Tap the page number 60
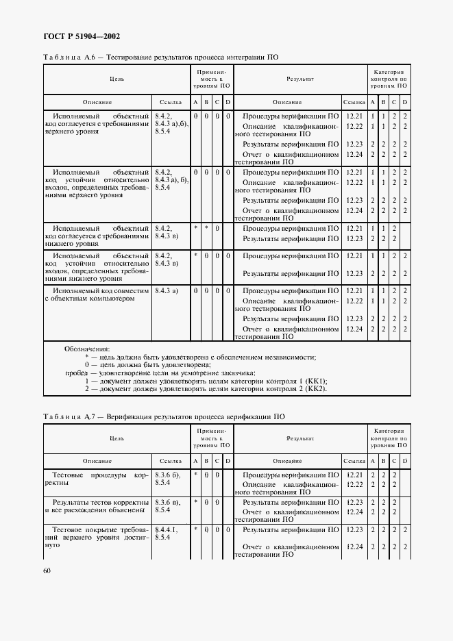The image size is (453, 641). click(47, 570)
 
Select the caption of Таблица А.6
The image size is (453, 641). click(160, 58)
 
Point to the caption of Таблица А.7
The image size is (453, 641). click(164, 416)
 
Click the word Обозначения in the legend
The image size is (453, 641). click(87, 349)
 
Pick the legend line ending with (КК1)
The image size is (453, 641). click(206, 381)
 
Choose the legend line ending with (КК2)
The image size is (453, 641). click(206, 389)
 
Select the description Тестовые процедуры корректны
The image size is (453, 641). click(97, 478)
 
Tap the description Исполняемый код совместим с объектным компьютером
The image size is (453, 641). click(97, 294)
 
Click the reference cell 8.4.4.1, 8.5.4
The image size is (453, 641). click(169, 533)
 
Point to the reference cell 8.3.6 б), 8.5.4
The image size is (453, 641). click(169, 478)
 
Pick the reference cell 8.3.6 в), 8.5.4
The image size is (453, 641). click(169, 505)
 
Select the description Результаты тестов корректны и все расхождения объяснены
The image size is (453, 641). click(97, 505)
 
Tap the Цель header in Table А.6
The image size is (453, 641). click(117, 79)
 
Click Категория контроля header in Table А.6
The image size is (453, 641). click(389, 79)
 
